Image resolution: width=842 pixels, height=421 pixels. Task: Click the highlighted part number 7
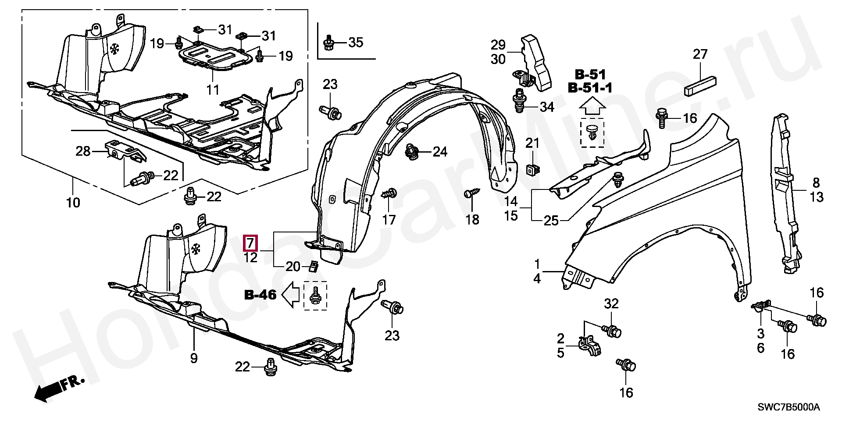(x=250, y=243)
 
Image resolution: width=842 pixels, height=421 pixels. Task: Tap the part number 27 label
(x=700, y=55)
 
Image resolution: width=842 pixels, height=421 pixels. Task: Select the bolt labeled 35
(x=328, y=43)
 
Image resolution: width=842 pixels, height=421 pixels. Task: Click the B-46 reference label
(x=260, y=295)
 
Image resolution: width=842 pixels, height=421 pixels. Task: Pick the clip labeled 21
(x=532, y=169)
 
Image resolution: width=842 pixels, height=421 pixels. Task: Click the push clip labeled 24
(x=412, y=151)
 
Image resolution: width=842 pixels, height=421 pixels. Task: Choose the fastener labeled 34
(x=519, y=101)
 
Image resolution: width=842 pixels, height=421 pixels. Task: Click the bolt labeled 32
(x=611, y=330)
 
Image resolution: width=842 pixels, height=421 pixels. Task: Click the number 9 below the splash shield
(x=194, y=358)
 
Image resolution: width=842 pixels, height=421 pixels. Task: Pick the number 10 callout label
(x=73, y=203)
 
